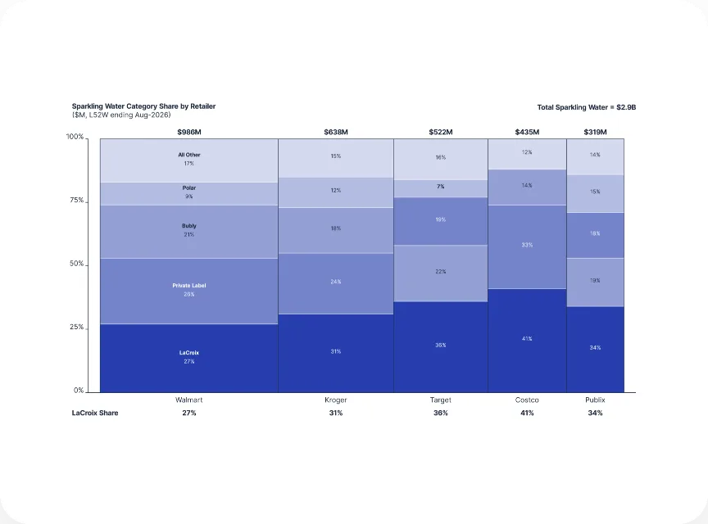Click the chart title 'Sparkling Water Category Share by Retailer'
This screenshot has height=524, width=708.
click(143, 106)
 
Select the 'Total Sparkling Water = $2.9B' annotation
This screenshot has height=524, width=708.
click(586, 107)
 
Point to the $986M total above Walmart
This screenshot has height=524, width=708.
click(189, 133)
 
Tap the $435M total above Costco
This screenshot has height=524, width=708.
click(527, 133)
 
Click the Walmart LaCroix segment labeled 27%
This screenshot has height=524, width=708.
click(189, 358)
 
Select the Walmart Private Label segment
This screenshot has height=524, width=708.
click(189, 291)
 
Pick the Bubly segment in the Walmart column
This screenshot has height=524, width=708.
click(189, 232)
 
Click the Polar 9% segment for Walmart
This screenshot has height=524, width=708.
click(189, 194)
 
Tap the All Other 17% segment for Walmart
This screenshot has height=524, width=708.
click(189, 160)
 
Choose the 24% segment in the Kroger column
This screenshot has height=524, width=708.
click(336, 284)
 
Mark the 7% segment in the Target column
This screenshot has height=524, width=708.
click(441, 189)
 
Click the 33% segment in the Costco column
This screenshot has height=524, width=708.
click(528, 247)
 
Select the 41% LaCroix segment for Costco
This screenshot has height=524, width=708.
click(528, 341)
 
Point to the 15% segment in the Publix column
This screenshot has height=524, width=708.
click(596, 194)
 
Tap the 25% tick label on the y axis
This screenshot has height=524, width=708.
click(77, 327)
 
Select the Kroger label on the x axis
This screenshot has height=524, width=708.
click(336, 400)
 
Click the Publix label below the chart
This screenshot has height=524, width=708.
click(595, 400)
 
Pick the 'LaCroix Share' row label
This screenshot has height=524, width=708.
click(95, 413)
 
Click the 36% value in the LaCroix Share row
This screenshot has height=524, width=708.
click(441, 413)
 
